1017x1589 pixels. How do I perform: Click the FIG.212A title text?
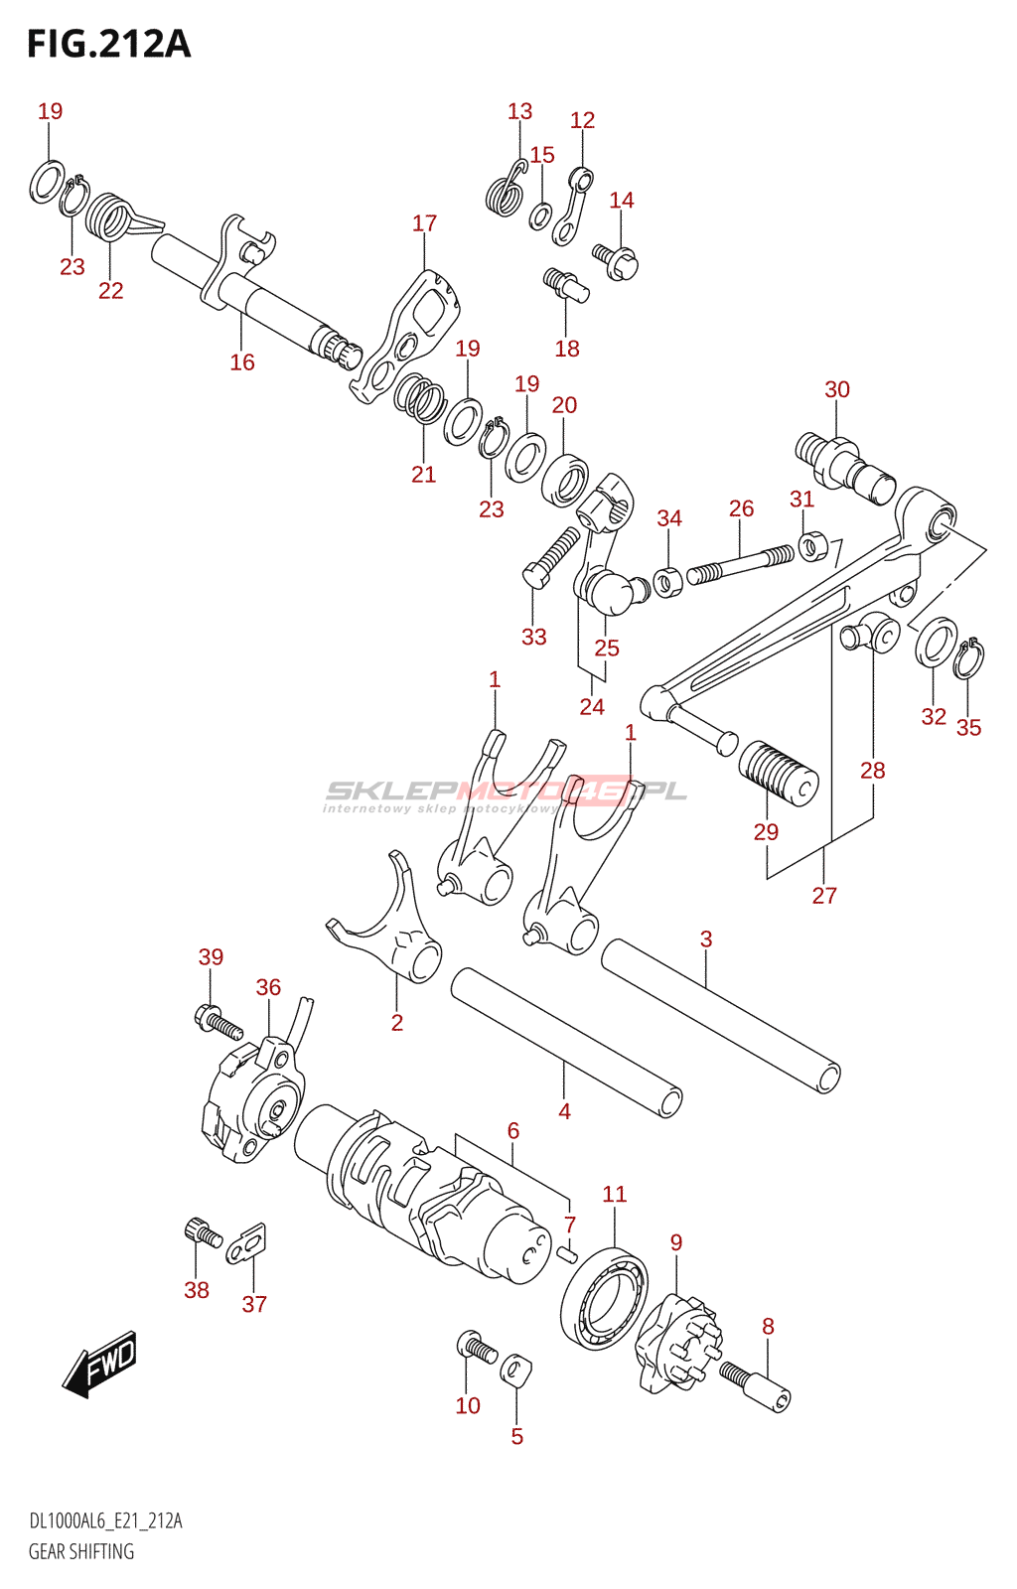(109, 45)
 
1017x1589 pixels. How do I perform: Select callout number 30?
(837, 389)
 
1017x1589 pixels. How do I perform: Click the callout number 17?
(424, 223)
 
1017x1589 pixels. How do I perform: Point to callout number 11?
(614, 1194)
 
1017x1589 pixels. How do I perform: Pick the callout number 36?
(268, 987)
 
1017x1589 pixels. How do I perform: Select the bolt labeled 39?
(218, 1024)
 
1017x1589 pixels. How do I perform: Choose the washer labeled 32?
(937, 643)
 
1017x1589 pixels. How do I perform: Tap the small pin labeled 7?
(566, 1253)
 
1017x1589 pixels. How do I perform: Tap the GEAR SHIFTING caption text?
(80, 1550)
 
